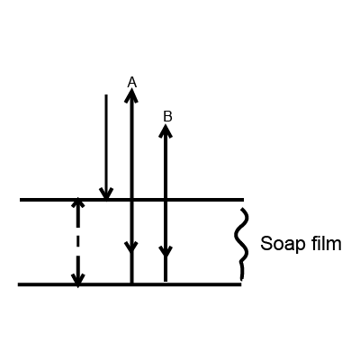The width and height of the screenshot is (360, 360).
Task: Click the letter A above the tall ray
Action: (x=132, y=82)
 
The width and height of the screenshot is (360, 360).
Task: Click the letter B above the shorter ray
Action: (x=167, y=116)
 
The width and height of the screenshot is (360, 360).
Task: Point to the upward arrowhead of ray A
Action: (x=131, y=94)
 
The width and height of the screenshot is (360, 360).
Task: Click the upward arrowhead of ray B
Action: (x=166, y=130)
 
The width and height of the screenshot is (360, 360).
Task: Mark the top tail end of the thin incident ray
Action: (x=105, y=95)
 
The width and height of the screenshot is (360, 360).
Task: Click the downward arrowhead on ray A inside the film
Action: (x=131, y=247)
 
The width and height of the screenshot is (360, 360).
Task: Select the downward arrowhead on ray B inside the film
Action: (x=166, y=251)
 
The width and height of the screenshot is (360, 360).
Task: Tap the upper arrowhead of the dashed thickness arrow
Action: (x=78, y=202)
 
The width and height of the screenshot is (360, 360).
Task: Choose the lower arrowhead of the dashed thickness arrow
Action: (x=78, y=279)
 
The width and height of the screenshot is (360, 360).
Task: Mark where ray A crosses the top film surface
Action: (x=131, y=200)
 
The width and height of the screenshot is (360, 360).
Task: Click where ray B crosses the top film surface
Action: (x=166, y=200)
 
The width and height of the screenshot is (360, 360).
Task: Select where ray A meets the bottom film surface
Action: (x=131, y=283)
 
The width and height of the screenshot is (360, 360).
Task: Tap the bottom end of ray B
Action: (x=166, y=281)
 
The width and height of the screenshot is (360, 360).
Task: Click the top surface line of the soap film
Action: (x=132, y=200)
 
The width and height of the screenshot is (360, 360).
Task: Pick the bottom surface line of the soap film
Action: (x=130, y=284)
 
